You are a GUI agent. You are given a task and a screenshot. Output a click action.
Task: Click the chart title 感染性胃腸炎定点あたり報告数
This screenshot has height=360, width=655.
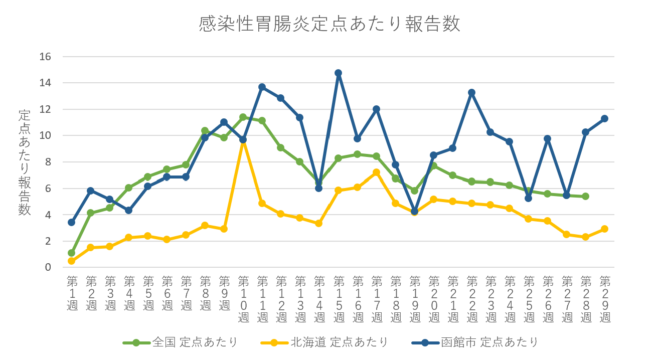pyautogui.click(x=329, y=24)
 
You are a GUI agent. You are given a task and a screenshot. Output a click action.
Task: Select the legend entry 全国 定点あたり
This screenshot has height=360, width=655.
pyautogui.click(x=195, y=342)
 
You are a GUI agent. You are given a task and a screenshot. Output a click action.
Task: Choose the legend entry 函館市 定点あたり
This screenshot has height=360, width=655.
pyautogui.click(x=489, y=342)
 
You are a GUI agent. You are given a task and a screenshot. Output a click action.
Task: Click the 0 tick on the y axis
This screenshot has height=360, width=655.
pyautogui.click(x=49, y=268)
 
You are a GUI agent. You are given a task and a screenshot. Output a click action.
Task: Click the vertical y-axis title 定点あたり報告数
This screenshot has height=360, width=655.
pyautogui.click(x=25, y=162)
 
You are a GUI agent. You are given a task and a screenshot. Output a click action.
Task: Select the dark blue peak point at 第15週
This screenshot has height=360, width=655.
pyautogui.click(x=339, y=73)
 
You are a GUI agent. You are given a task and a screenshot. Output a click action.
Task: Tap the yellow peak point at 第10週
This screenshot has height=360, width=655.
pyautogui.click(x=243, y=141)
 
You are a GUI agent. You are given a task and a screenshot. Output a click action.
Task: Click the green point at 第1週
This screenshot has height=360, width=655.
pyautogui.click(x=72, y=253)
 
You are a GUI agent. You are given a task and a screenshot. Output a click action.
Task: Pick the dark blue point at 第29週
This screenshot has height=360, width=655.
pyautogui.click(x=605, y=119)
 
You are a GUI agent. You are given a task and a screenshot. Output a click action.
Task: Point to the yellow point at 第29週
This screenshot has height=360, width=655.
pyautogui.click(x=605, y=229)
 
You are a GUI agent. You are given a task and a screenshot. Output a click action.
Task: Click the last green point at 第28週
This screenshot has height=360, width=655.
pyautogui.click(x=586, y=196)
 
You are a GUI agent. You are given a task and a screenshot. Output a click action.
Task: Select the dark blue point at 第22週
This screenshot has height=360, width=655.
pyautogui.click(x=472, y=92)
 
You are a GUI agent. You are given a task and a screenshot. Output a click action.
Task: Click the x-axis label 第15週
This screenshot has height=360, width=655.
pyautogui.click(x=339, y=299)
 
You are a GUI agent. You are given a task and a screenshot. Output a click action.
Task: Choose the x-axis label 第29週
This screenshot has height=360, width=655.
pyautogui.click(x=605, y=299)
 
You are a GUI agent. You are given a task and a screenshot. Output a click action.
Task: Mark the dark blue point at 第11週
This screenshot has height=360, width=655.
pyautogui.click(x=262, y=87)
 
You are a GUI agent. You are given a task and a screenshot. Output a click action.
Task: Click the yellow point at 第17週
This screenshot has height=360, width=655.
pyautogui.click(x=377, y=172)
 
